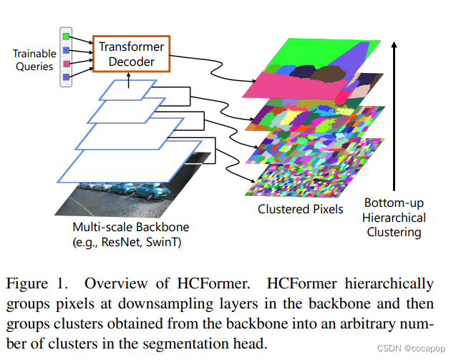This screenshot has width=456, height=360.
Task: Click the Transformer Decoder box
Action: [x=131, y=54]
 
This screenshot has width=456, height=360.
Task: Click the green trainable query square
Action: [x=67, y=34]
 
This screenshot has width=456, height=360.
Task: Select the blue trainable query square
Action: [x=67, y=49]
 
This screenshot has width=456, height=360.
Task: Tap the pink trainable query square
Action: [x=67, y=63]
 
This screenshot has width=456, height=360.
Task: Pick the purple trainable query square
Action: [x=67, y=77]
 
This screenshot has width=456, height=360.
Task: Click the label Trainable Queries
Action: [x=33, y=60]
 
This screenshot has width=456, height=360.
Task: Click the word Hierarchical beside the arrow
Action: [x=394, y=218]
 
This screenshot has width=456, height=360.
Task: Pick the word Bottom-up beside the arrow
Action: [x=394, y=203]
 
